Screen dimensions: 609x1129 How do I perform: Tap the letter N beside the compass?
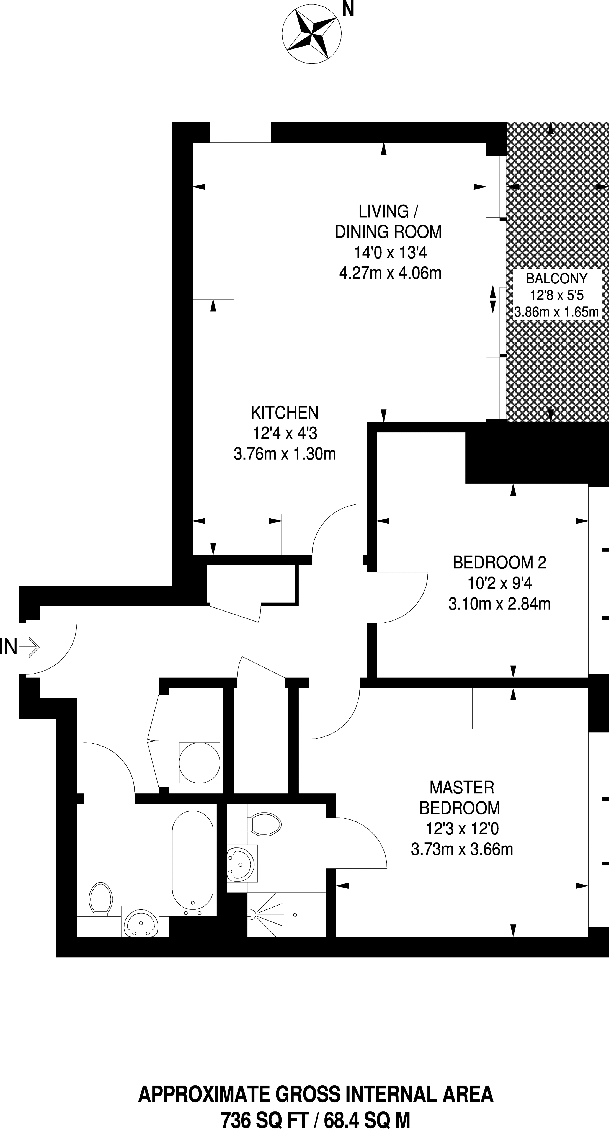pyautogui.click(x=348, y=10)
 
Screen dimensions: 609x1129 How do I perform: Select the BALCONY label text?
pyautogui.click(x=556, y=278)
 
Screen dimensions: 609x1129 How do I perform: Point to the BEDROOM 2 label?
pyautogui.click(x=499, y=562)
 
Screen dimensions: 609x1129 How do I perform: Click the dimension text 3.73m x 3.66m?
pyautogui.click(x=462, y=849)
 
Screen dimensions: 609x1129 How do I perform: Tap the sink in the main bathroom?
pyautogui.click(x=140, y=921)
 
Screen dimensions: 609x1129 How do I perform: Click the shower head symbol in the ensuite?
pyautogui.click(x=252, y=914)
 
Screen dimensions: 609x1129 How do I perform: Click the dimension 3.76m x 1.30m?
pyautogui.click(x=285, y=453)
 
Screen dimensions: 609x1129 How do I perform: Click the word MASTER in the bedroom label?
pyautogui.click(x=462, y=788)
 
